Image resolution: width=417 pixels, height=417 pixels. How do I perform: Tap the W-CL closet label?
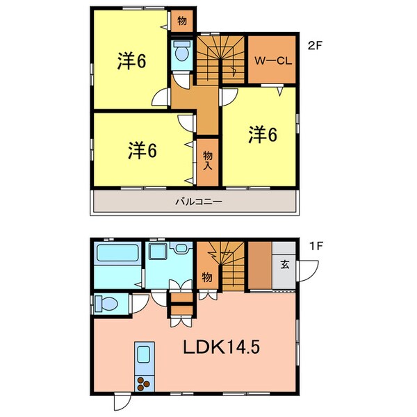click(x=272, y=60)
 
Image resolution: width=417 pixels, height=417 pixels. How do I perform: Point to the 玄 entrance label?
click(x=285, y=263)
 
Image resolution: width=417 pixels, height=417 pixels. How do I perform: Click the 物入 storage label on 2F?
click(x=208, y=161)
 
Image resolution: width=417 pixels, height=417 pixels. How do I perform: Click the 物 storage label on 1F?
click(x=207, y=277)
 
